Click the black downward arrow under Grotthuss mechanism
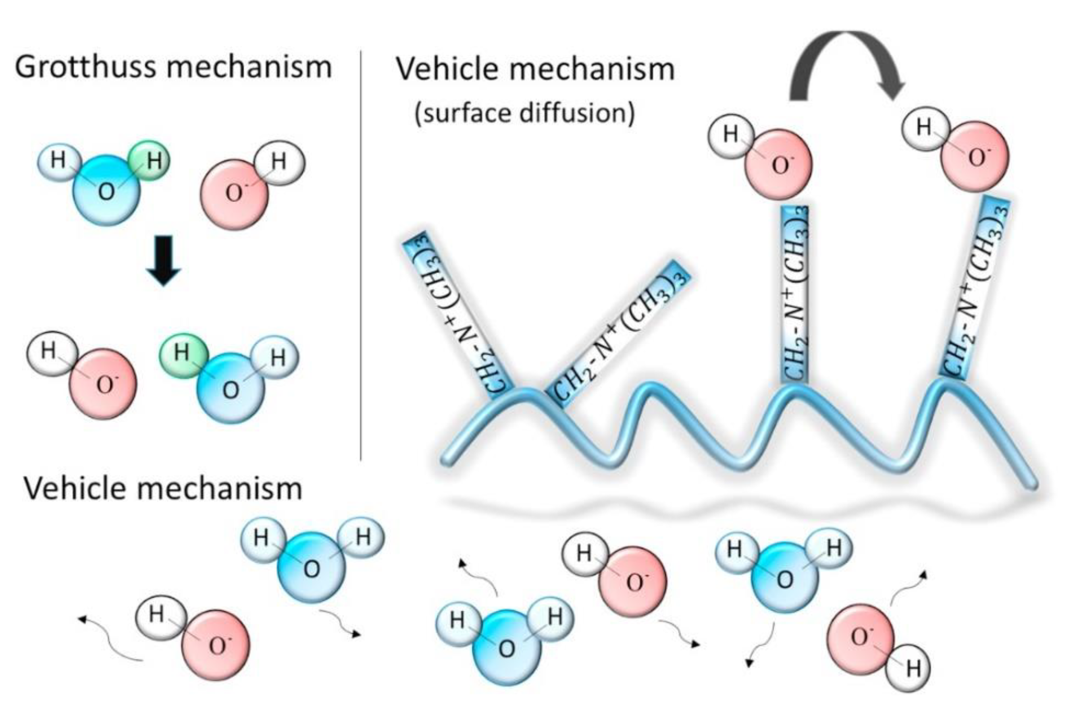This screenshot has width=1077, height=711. (x=163, y=260)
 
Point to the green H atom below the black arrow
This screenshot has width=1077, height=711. (x=182, y=352)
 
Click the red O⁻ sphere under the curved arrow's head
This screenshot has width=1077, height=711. (x=975, y=157)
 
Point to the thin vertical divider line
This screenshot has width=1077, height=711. (x=361, y=254)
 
